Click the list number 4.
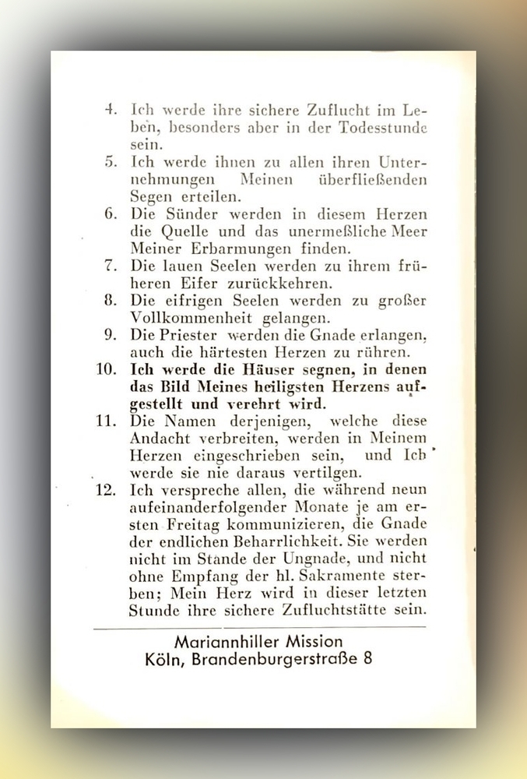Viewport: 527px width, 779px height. tap(110, 110)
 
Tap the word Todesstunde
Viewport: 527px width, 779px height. tap(381, 128)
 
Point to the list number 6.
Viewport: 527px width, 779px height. tap(110, 214)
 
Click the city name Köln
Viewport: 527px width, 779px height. tap(162, 659)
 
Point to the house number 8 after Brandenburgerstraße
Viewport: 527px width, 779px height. tap(367, 659)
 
